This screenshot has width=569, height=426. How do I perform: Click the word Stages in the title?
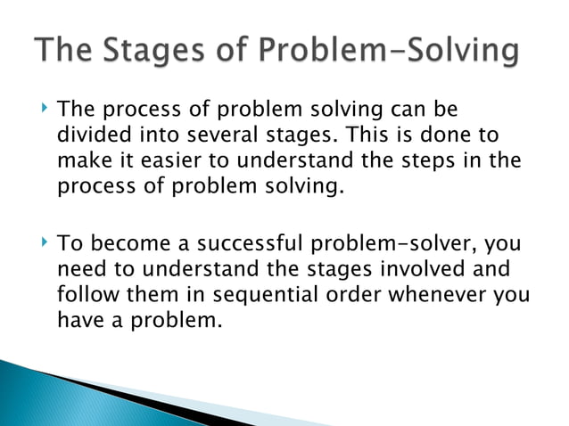tap(161, 53)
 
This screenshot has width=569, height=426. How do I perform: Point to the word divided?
tap(91, 135)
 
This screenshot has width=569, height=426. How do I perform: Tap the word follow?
tap(86, 294)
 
